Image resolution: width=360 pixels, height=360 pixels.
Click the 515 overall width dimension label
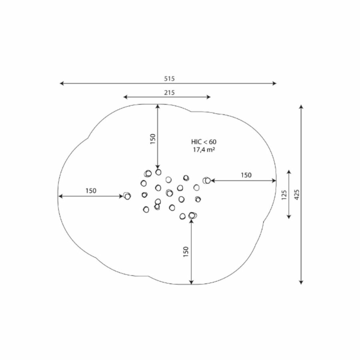[x=169, y=79]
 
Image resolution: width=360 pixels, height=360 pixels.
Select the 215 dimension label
[x=169, y=93]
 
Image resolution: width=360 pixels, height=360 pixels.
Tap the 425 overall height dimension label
[x=297, y=194]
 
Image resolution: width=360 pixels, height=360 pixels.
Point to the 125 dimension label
[x=284, y=195]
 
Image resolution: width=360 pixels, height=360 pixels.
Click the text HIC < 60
[x=204, y=142]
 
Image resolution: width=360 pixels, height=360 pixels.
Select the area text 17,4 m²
[x=204, y=150]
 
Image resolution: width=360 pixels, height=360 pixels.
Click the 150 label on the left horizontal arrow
[x=91, y=191]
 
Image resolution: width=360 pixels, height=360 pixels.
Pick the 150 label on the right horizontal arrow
[x=246, y=175]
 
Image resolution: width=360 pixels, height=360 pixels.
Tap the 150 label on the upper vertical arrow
[x=153, y=139]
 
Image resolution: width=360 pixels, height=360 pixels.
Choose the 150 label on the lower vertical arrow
[x=186, y=252]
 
